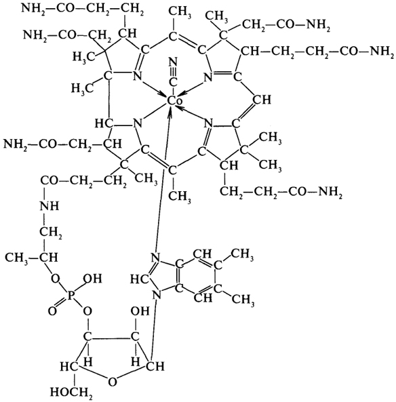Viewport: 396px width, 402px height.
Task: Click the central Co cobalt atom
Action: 175,101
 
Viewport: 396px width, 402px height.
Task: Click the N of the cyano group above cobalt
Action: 174,62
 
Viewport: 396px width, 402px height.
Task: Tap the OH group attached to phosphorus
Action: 93,279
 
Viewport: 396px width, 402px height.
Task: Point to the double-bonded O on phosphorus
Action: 52,311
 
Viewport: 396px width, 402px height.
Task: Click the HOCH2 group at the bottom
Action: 71,392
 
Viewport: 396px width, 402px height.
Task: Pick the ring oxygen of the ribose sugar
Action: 112,382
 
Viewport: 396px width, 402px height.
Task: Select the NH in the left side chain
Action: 49,206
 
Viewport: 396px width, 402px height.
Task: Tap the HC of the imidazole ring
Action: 140,279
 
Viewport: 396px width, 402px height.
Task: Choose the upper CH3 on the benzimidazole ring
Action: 242,255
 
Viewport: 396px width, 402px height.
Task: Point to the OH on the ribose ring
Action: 140,311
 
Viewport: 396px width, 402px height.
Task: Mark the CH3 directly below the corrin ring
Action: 180,197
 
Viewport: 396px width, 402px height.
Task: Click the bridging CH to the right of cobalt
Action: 262,100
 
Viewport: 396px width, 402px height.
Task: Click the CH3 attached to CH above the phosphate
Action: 17,257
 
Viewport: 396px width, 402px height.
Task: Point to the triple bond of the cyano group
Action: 174,73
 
